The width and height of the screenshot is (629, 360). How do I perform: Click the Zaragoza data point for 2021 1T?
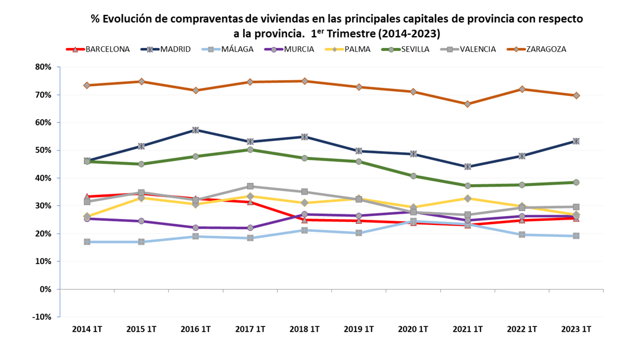467,104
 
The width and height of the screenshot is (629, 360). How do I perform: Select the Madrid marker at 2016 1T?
196,130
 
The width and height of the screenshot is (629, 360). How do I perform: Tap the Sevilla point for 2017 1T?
250,150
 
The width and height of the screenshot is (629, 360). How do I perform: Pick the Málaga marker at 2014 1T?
87,242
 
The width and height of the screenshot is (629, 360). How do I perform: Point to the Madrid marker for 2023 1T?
576,141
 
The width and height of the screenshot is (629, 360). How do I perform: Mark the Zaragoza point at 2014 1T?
87,85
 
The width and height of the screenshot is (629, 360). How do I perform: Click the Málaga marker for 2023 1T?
576,236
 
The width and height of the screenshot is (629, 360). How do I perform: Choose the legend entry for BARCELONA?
107,49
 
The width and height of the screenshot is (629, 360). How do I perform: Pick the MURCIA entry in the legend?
299,49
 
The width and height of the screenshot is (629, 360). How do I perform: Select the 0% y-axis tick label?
46,289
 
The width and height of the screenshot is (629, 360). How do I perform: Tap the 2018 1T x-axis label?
305,329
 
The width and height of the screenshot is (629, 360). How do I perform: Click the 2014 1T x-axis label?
87,329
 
